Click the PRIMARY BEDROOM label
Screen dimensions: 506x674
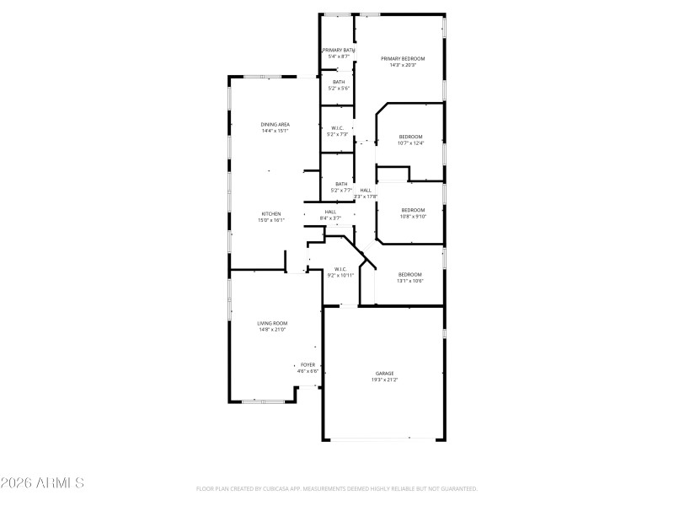click(x=402, y=58)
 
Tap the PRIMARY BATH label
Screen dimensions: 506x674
click(x=337, y=50)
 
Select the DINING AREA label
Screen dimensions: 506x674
click(x=275, y=124)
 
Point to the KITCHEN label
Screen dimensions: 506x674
click(x=270, y=213)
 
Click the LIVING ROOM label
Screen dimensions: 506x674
click(x=272, y=323)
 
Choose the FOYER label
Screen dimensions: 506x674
click(x=308, y=365)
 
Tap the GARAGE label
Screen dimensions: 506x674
click(x=384, y=373)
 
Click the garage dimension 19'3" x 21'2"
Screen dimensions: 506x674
click(x=384, y=380)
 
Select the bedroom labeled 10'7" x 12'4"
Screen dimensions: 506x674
click(x=410, y=137)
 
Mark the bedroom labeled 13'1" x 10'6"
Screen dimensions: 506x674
click(x=409, y=274)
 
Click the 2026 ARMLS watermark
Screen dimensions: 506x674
click(x=42, y=483)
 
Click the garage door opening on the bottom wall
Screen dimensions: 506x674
click(x=383, y=439)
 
